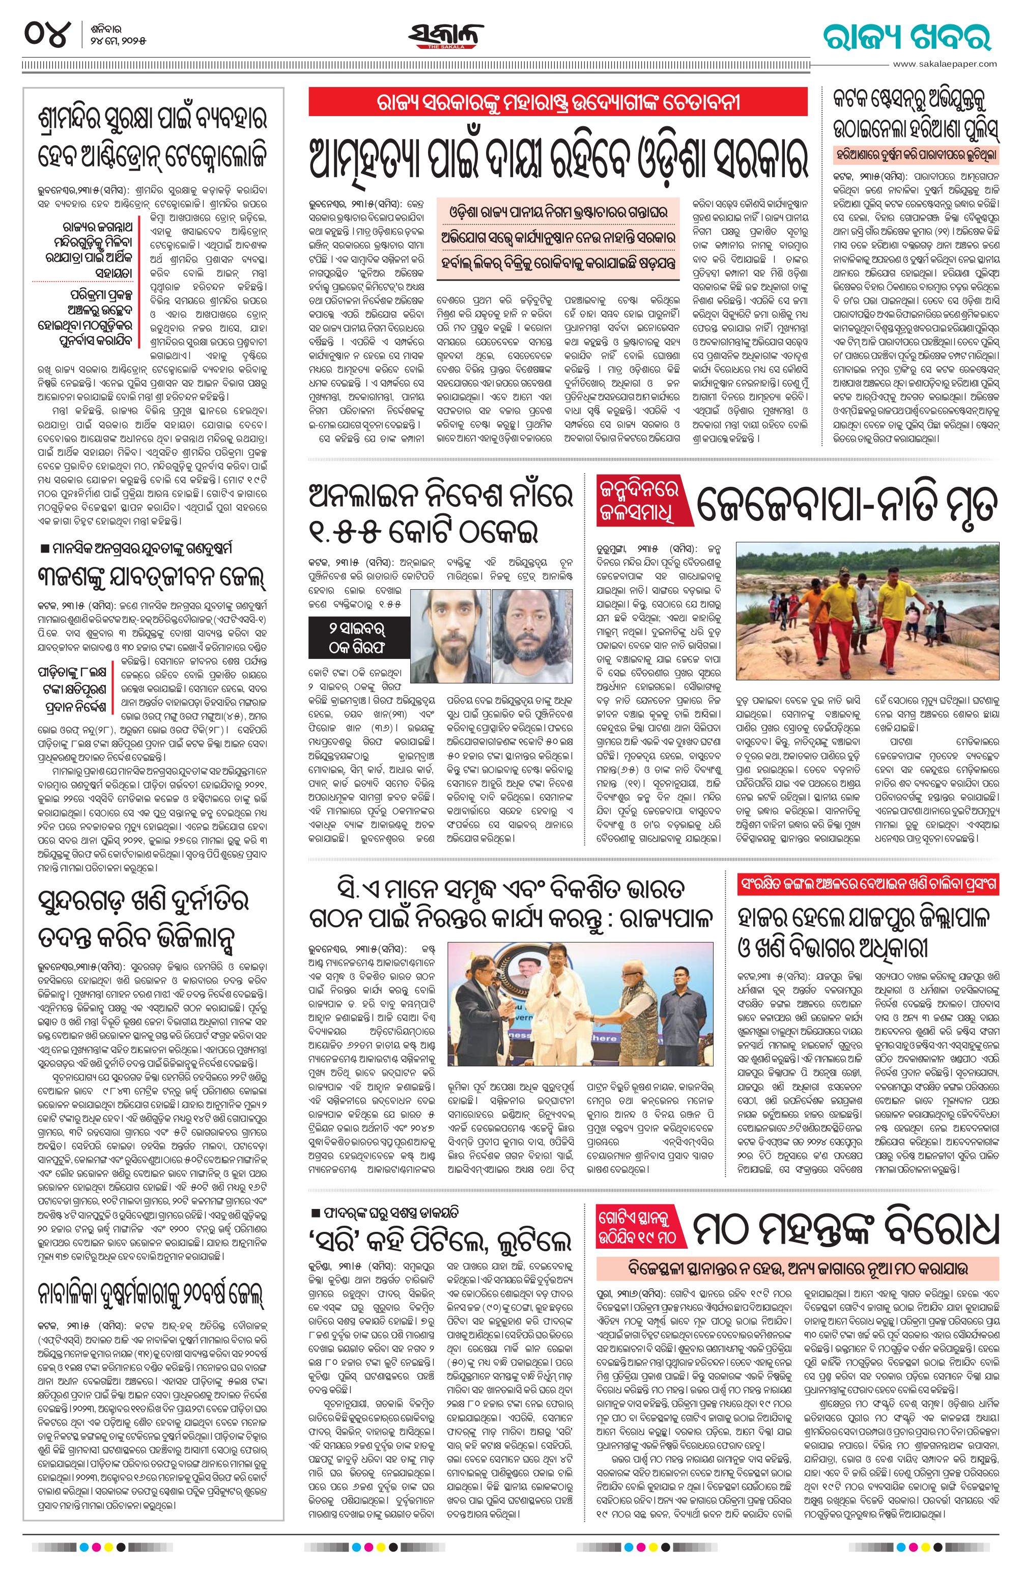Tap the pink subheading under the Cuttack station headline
(916, 156)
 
